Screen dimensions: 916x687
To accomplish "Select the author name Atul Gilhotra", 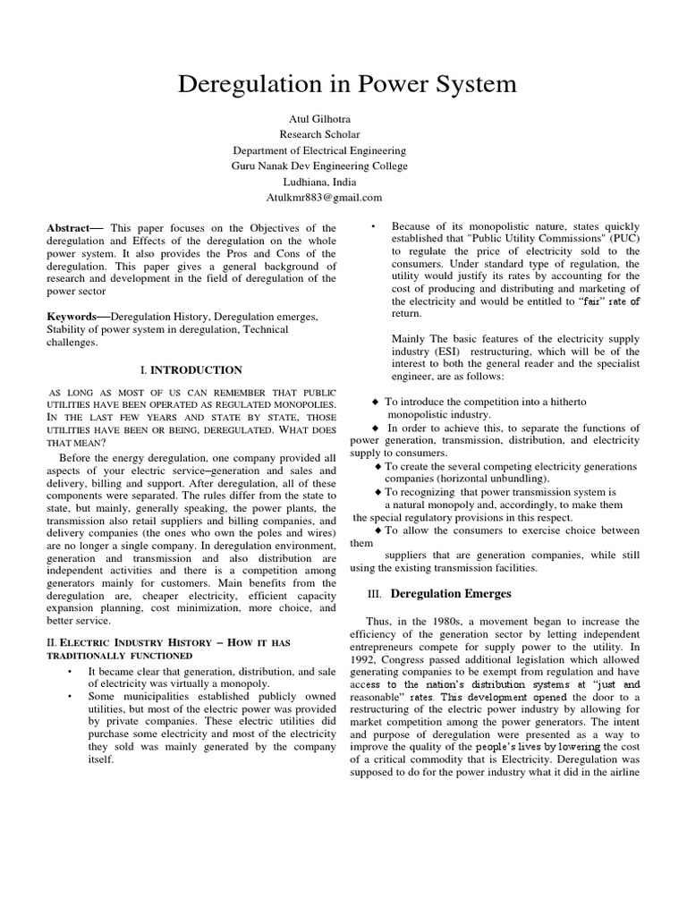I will (x=343, y=119).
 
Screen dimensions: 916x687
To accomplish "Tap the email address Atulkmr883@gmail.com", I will (x=343, y=197).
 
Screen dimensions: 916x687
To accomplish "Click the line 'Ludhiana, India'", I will (x=343, y=182).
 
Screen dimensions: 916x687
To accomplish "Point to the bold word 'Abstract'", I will (x=74, y=229).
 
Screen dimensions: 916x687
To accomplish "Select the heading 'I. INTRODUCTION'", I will (x=191, y=369).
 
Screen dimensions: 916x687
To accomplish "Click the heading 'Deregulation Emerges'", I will (x=451, y=593).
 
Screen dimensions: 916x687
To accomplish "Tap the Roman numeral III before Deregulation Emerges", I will (x=376, y=594).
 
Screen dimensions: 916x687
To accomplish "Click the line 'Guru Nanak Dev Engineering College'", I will (x=343, y=165).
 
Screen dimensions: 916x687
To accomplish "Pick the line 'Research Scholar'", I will (x=343, y=135).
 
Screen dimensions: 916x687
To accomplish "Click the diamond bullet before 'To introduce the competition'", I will (x=376, y=403).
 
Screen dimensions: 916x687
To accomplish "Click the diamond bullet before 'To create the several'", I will (x=378, y=466).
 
